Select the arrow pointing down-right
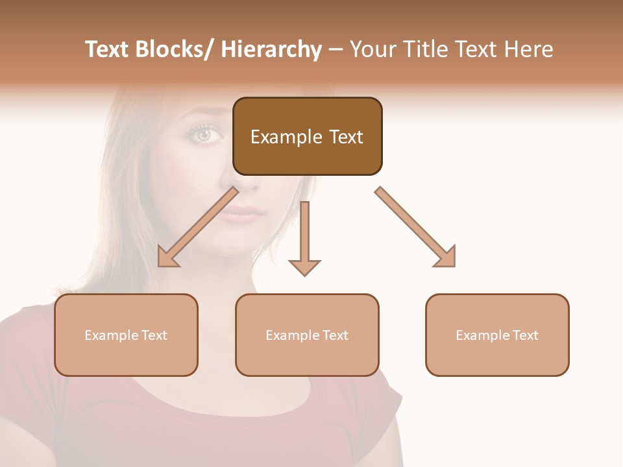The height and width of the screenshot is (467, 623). coord(415,227)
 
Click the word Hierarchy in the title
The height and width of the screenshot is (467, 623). coord(271,50)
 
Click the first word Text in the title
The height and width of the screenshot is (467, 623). coord(108,50)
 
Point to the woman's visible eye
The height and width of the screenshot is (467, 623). coord(204,134)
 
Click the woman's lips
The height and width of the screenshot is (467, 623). coord(243,214)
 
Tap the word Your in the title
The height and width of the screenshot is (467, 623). coord(374,50)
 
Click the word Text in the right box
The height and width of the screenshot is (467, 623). coord(526,335)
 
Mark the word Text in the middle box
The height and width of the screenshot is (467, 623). coord(336,335)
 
